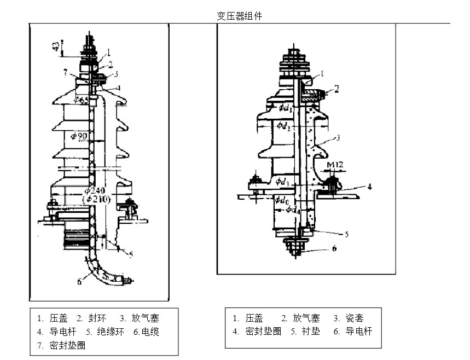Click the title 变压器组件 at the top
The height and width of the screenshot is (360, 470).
click(240, 16)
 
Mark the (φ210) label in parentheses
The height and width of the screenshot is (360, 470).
click(98, 200)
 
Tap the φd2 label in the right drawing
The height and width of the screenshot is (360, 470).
click(285, 127)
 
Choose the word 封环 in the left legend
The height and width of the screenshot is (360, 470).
click(98, 318)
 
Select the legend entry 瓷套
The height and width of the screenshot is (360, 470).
click(355, 318)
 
